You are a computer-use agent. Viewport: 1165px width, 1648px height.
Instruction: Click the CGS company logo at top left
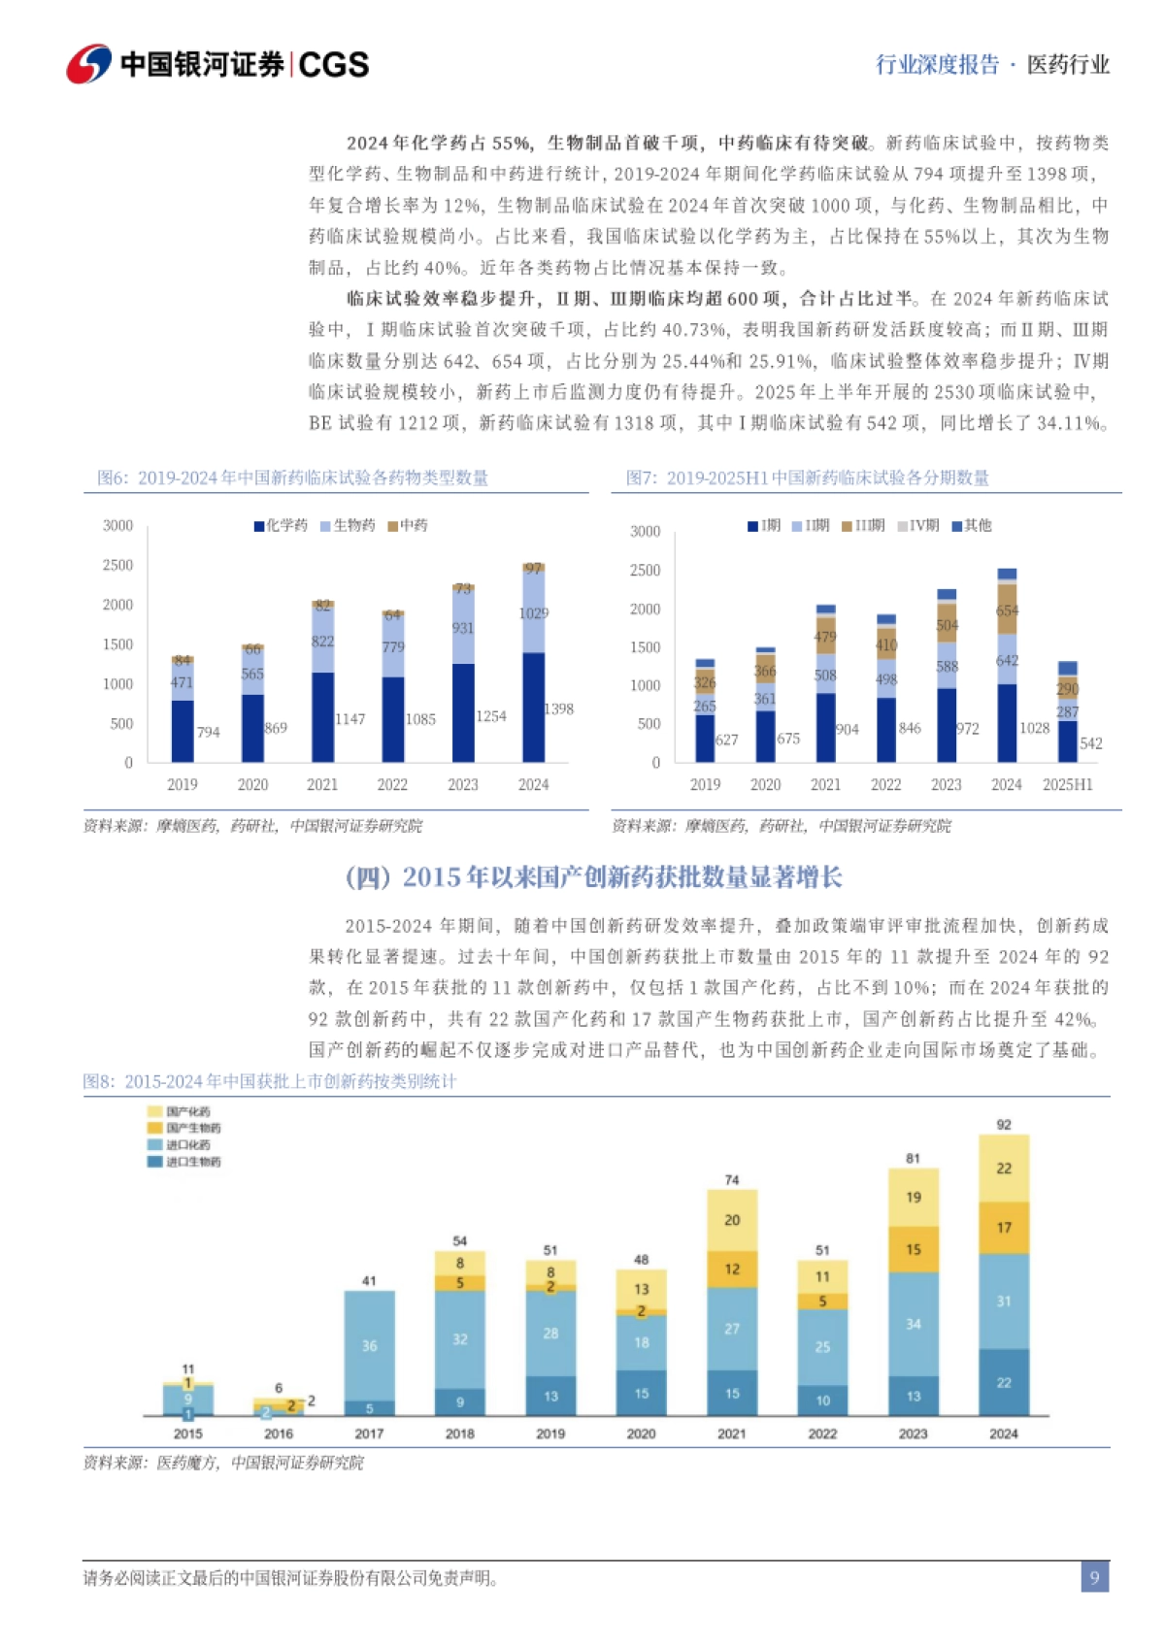point(217,64)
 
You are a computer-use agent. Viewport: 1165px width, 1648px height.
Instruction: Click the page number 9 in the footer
point(1094,1577)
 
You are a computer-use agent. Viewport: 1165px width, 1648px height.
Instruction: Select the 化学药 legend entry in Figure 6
point(281,525)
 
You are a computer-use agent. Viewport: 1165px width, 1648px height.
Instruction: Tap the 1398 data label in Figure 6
point(558,709)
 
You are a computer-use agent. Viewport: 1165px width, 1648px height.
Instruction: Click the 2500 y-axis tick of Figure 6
point(117,565)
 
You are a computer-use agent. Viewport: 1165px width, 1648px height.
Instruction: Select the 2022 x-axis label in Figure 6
point(392,784)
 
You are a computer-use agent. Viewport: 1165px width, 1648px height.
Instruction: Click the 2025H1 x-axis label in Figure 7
point(1067,784)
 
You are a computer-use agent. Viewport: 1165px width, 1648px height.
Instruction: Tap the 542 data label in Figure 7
point(1090,743)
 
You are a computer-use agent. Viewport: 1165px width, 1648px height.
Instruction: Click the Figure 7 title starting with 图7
point(807,478)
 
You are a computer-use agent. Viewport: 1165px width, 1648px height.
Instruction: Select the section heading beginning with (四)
point(593,877)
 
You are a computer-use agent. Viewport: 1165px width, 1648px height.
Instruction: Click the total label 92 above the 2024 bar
point(1004,1124)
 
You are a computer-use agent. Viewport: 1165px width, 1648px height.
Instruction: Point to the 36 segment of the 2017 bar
point(369,1346)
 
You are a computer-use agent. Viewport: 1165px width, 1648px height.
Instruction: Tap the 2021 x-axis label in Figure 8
point(731,1434)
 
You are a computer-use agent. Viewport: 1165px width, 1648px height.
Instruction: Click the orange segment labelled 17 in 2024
point(1004,1228)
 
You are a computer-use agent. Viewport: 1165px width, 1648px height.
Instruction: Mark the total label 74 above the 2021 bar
point(731,1179)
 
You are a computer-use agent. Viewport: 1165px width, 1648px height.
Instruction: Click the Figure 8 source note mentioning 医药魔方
point(223,1463)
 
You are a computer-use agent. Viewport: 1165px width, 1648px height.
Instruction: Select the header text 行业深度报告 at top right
point(937,65)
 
